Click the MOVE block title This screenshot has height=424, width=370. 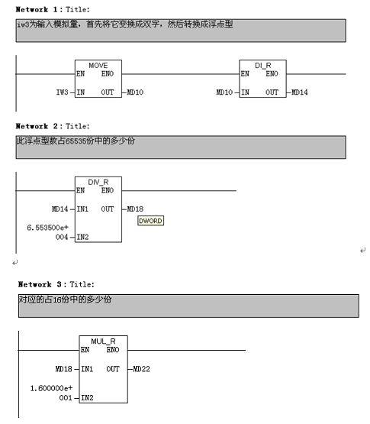[98, 66]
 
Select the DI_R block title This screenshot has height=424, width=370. [262, 66]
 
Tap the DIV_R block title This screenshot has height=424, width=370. [98, 183]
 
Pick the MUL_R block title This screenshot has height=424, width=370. [103, 341]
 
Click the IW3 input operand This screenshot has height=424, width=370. [62, 92]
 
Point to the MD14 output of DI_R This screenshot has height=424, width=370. [300, 92]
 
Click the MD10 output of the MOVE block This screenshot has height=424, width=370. [135, 92]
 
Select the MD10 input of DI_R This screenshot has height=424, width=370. [224, 92]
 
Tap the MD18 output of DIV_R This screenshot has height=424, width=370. [135, 209]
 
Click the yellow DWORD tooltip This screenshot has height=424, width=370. [150, 221]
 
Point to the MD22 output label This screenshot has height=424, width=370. [141, 369]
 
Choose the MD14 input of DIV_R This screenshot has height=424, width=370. [60, 209]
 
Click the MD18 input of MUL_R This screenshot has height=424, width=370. [64, 369]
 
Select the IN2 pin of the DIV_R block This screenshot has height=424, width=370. [82, 237]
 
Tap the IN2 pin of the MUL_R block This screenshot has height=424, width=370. [87, 398]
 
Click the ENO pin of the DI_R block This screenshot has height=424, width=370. [272, 74]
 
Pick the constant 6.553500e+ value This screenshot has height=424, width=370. [47, 228]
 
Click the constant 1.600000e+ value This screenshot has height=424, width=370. [51, 388]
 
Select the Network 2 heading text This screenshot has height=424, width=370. [53, 126]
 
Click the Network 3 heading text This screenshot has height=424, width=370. [56, 284]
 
